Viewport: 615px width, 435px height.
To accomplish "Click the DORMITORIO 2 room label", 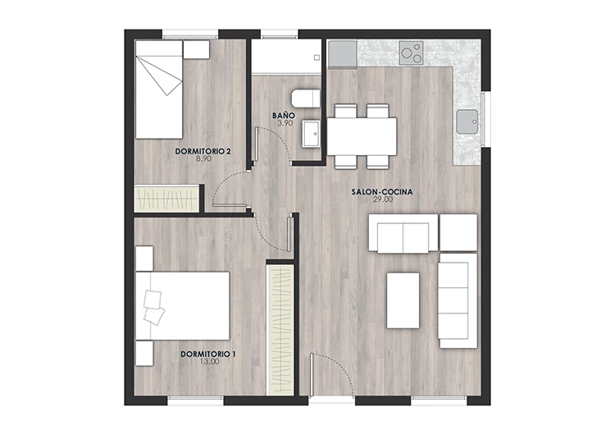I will (203, 151).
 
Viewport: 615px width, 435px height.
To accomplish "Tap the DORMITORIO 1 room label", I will (208, 354).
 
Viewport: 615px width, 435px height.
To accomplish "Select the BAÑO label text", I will (283, 116).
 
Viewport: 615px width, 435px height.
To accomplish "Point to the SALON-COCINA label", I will (381, 191).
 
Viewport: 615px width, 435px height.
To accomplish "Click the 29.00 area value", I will (381, 199).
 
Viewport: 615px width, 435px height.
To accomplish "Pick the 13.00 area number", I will (208, 362).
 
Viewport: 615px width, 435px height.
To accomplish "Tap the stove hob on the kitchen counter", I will (412, 54).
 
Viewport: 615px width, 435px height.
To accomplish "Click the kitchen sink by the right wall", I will (467, 121).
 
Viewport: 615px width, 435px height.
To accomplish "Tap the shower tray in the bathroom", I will (284, 57).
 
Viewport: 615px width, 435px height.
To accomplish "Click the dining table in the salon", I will (362, 136).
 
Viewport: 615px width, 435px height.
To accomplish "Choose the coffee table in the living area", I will (403, 300).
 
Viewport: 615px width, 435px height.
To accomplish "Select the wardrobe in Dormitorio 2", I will (167, 199).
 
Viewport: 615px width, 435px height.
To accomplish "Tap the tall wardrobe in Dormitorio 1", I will (280, 328).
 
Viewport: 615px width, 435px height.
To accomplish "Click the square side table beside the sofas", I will (458, 232).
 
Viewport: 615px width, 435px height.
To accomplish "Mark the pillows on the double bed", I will (153, 304).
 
